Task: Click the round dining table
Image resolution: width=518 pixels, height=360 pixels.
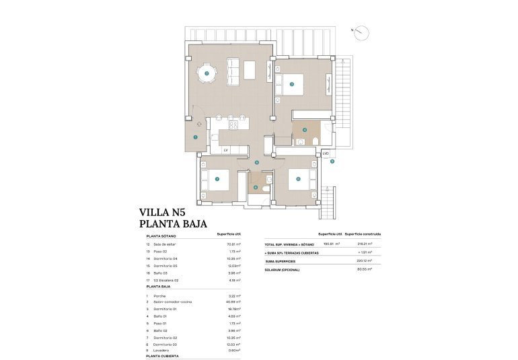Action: pos(207,73)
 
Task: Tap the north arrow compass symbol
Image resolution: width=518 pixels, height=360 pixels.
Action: pos(361,32)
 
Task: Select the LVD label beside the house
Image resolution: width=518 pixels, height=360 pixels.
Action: pos(326,153)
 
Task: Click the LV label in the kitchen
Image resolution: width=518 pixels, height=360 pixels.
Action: pos(226,150)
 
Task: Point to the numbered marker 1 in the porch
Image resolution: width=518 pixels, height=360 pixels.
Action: pos(195,137)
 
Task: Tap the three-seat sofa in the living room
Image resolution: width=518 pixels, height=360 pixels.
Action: pos(232,72)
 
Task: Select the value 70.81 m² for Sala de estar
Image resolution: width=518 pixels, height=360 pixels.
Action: pos(234,244)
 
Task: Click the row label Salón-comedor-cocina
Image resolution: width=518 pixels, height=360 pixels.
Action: pos(173,301)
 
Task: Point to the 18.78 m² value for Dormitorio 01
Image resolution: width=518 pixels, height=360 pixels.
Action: pos(234,308)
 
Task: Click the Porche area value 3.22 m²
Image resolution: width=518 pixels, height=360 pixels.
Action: pos(234,295)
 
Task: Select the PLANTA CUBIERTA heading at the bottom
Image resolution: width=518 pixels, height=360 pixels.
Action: pos(162,356)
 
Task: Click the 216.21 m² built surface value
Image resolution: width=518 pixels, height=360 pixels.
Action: pos(364,244)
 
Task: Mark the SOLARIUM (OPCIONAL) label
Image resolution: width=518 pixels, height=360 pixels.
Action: pos(283,269)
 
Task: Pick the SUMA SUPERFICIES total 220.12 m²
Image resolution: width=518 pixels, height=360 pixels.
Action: pos(364,260)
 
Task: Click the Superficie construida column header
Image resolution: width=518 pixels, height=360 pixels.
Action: pos(363,234)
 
